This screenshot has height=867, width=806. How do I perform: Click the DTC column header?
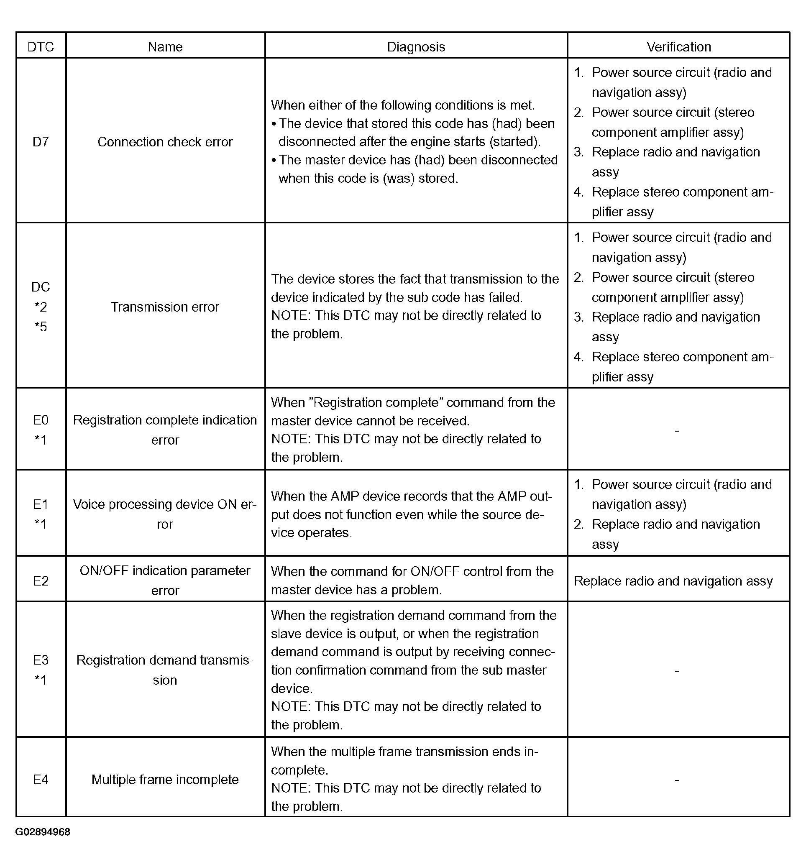pyautogui.click(x=41, y=47)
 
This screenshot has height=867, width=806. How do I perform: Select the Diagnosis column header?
pyautogui.click(x=416, y=47)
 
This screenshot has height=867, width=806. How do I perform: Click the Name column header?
pyautogui.click(x=165, y=47)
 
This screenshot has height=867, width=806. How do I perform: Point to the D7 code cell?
pyautogui.click(x=41, y=142)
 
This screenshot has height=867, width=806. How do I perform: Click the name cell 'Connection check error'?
pyautogui.click(x=165, y=142)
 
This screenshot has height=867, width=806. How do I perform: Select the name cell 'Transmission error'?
pyautogui.click(x=165, y=307)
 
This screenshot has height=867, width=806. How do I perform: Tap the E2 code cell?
pyautogui.click(x=41, y=581)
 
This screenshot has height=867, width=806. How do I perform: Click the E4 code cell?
pyautogui.click(x=41, y=779)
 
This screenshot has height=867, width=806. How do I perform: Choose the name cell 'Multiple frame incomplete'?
pyautogui.click(x=165, y=779)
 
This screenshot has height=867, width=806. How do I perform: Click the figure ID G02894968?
pyautogui.click(x=43, y=832)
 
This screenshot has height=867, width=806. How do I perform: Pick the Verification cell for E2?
pyautogui.click(x=673, y=581)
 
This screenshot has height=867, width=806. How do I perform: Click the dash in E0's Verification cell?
pyautogui.click(x=676, y=431)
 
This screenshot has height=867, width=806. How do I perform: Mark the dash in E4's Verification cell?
pyautogui.click(x=676, y=779)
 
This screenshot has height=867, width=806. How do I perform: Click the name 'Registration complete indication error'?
pyautogui.click(x=165, y=430)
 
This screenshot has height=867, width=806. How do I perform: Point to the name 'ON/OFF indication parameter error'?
pyautogui.click(x=165, y=581)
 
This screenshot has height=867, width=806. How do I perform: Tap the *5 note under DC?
pyautogui.click(x=41, y=327)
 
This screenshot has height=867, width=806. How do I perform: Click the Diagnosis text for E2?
pyautogui.click(x=412, y=581)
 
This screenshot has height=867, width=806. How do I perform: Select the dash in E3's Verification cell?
pyautogui.click(x=676, y=671)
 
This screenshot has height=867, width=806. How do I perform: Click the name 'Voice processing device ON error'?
pyautogui.click(x=165, y=514)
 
